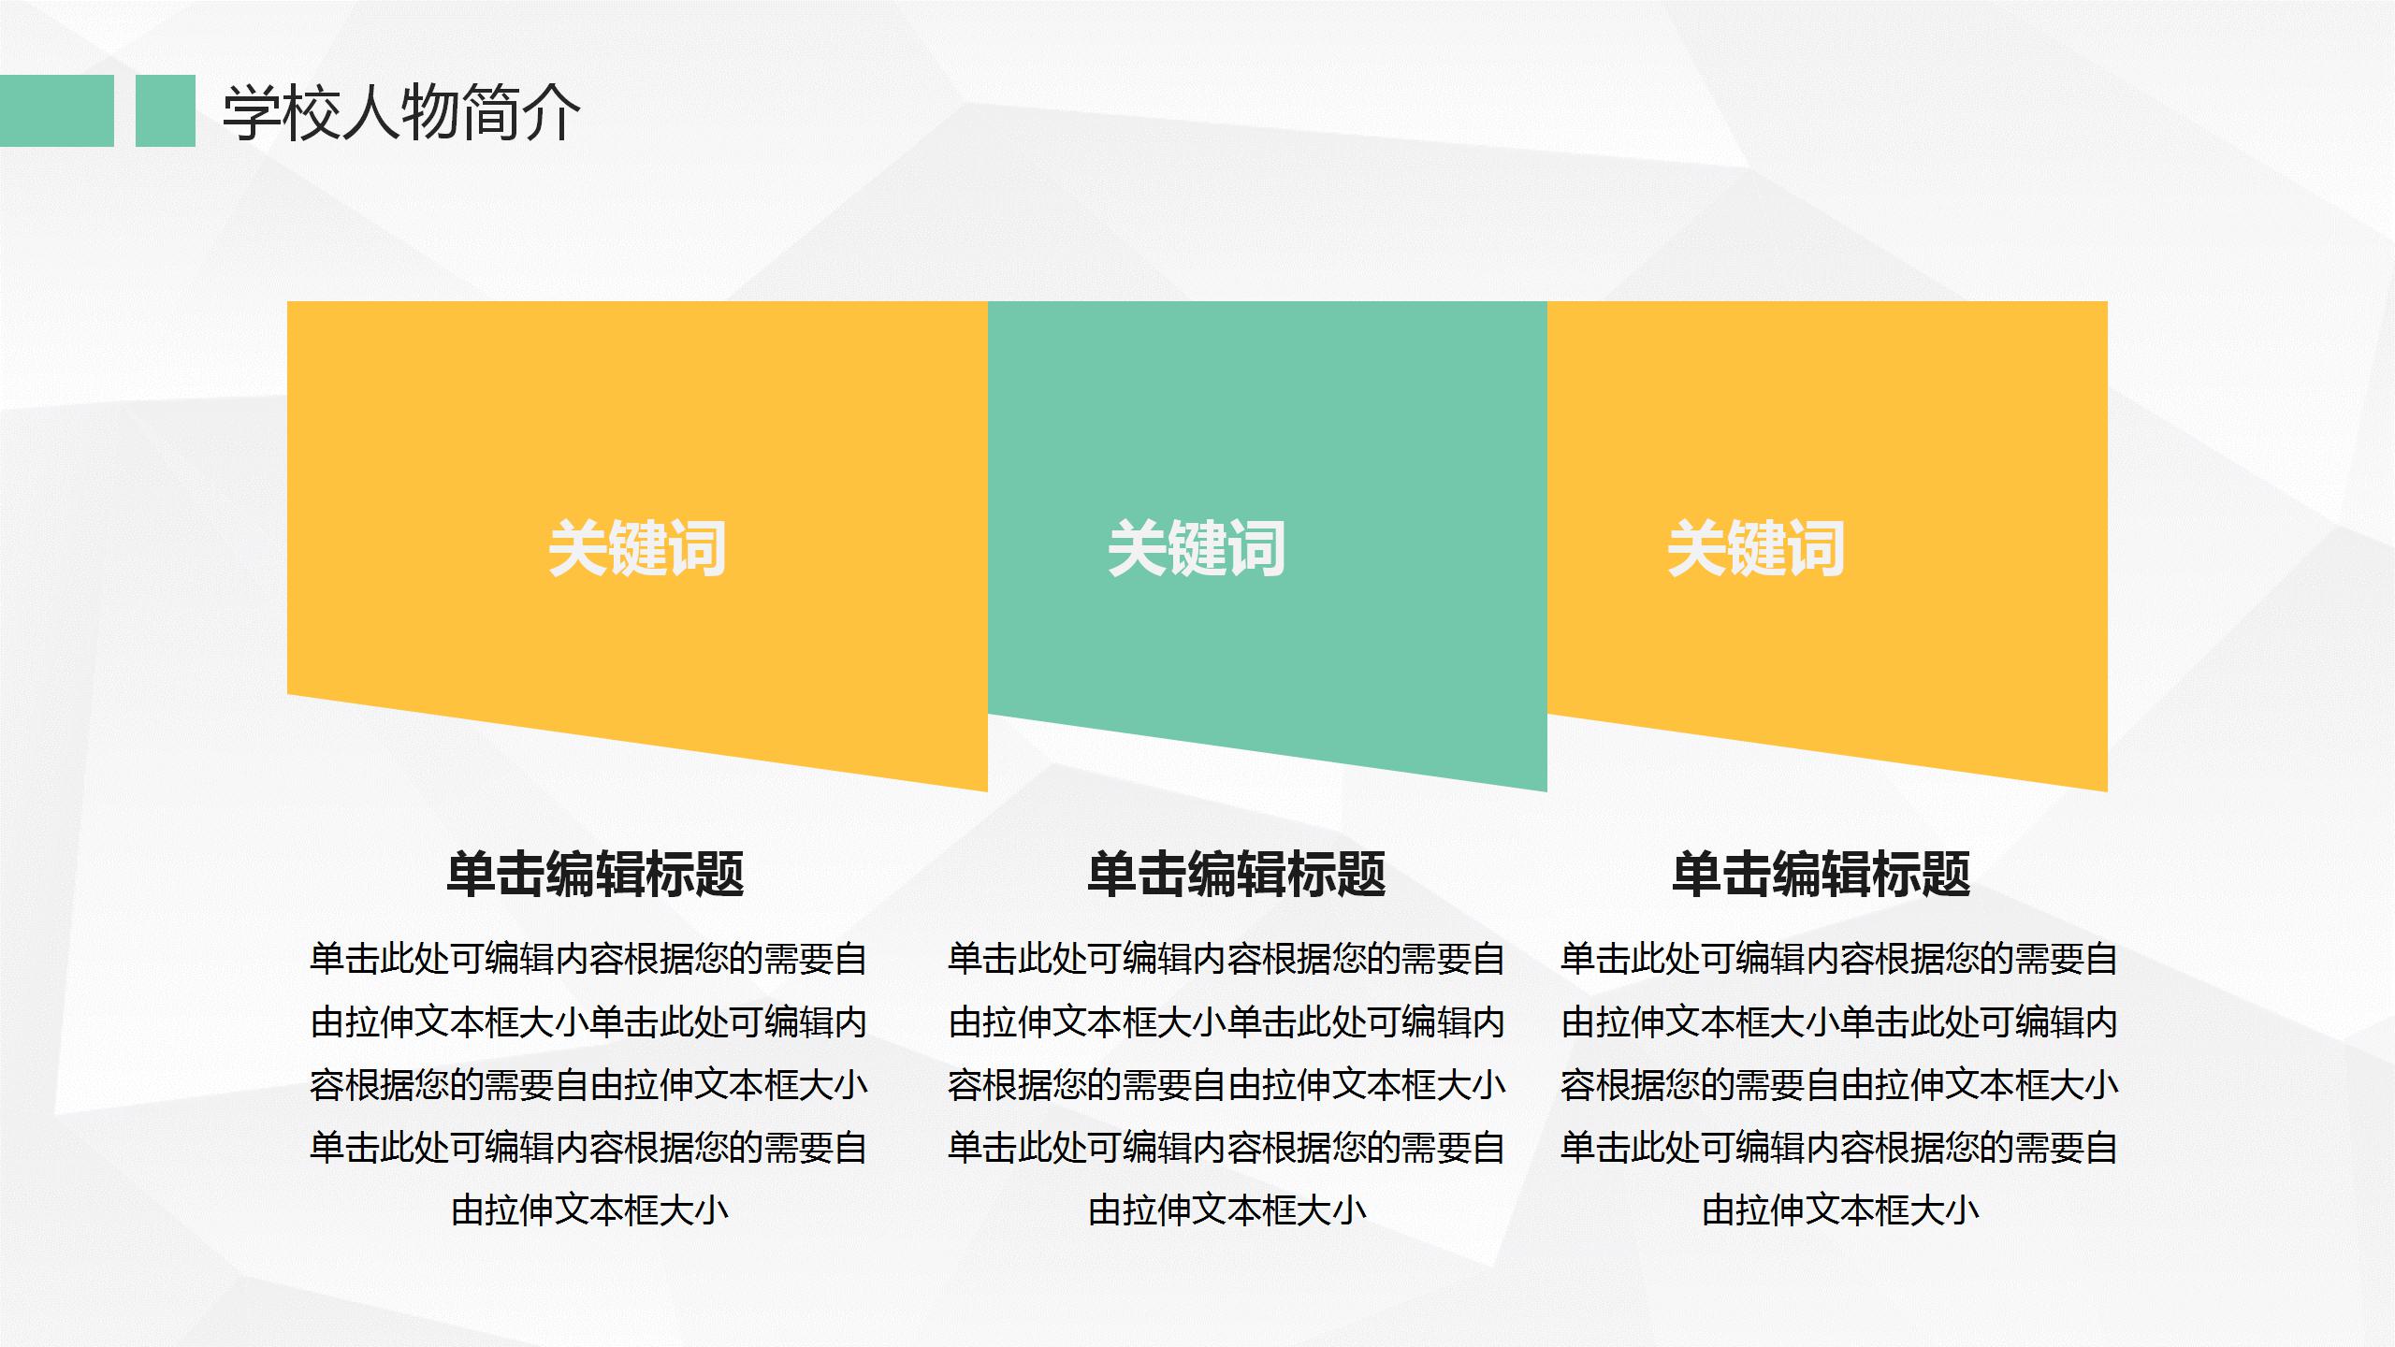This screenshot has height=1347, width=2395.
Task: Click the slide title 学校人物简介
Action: click(x=401, y=112)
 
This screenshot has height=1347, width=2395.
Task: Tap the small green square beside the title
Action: click(x=166, y=111)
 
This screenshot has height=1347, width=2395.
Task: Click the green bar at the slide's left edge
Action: click(x=56, y=111)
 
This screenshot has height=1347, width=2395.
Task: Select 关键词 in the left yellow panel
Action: click(x=637, y=548)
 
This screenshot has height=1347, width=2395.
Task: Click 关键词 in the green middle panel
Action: click(x=1197, y=548)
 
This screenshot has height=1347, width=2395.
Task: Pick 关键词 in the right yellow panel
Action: click(x=1756, y=548)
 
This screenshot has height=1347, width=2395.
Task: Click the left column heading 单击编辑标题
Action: click(x=595, y=875)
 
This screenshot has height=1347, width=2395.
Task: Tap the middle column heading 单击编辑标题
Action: click(x=1236, y=875)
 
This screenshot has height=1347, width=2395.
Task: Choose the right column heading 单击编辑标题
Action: click(x=1822, y=875)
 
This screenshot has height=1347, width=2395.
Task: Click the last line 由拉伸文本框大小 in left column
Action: click(x=589, y=1211)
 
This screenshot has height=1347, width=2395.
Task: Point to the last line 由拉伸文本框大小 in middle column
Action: click(x=1227, y=1211)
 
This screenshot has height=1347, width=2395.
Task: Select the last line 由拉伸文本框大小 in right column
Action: click(x=1839, y=1211)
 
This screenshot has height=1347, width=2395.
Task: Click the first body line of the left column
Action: click(x=589, y=960)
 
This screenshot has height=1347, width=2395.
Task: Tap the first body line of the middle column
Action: click(x=1227, y=960)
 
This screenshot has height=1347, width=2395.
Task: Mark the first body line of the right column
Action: click(x=1839, y=960)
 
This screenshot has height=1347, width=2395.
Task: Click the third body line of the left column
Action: click(x=589, y=1086)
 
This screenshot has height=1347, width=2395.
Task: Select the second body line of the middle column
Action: click(x=1227, y=1022)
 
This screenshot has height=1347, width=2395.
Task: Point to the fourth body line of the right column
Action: click(x=1839, y=1149)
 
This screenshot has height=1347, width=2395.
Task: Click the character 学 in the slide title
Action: click(x=252, y=112)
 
